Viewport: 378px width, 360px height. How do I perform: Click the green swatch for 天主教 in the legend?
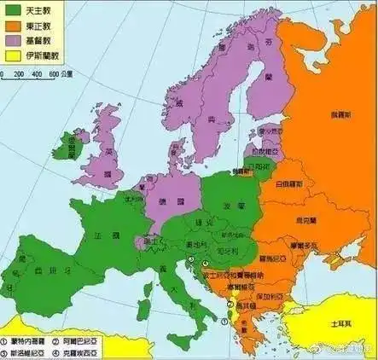[x=13, y=11]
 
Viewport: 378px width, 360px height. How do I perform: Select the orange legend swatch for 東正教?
[x=13, y=26]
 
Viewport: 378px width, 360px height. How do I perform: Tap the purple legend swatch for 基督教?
[x=13, y=42]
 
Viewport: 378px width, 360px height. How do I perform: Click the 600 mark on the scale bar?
[x=53, y=75]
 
